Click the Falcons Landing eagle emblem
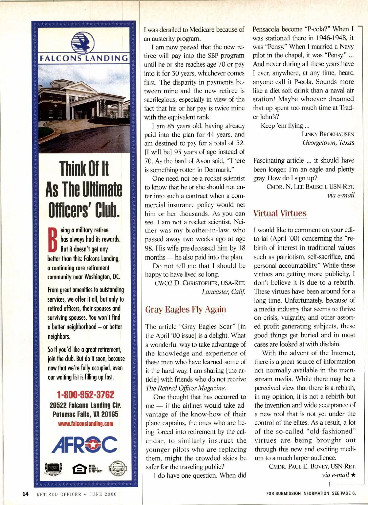pos(83,42)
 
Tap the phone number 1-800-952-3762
pos(85,394)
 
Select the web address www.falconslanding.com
pos(86,424)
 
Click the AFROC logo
pos(84,445)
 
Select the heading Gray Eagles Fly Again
pos(186,309)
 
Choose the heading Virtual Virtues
pos(280,213)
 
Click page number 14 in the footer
pos(25,494)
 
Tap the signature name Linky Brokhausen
pos(328,134)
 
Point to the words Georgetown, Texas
pos(328,143)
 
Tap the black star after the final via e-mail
pos(353,475)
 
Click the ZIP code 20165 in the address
pos(110,414)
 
